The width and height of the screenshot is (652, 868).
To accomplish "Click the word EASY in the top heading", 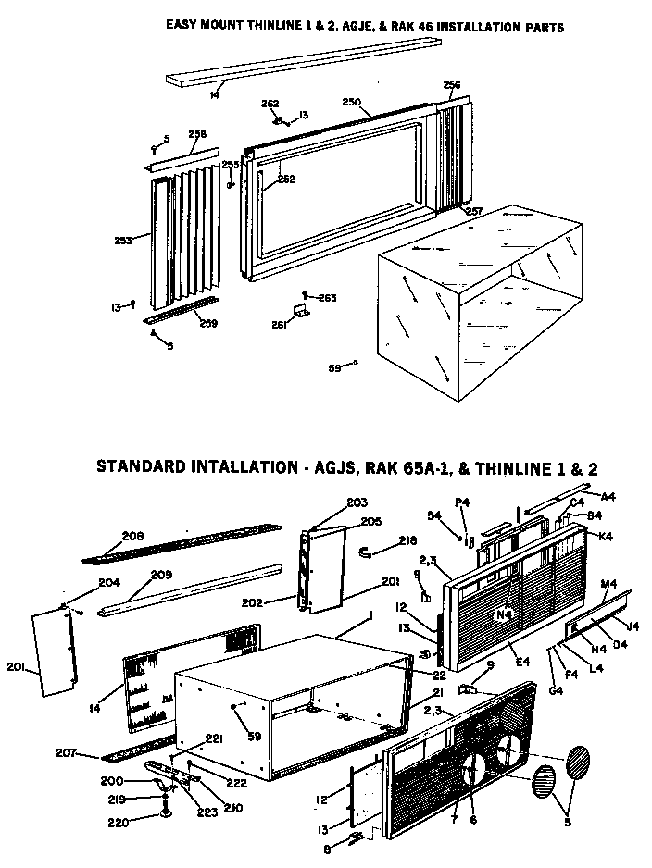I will click(x=184, y=28).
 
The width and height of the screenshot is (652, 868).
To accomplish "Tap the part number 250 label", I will click(x=352, y=102).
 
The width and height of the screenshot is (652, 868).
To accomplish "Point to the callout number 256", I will click(x=452, y=85).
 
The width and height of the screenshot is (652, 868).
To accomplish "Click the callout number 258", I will click(x=198, y=134).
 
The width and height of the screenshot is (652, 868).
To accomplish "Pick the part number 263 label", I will click(x=327, y=298).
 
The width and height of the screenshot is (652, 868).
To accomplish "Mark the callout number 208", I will click(x=133, y=536).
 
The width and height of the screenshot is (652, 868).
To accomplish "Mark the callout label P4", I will click(x=464, y=502).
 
